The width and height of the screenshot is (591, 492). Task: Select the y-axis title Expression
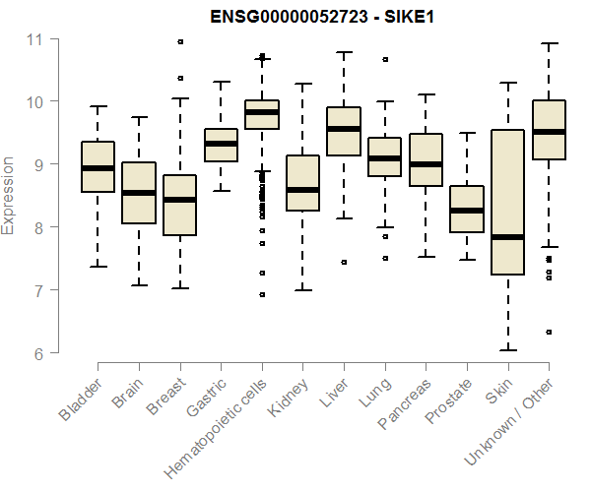9,195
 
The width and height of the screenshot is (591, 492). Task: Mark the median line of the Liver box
344,129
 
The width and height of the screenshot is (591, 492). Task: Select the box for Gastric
221,145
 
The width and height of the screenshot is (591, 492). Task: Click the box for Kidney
302,183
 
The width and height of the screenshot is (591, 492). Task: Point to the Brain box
139,193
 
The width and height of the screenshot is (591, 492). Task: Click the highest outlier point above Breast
180,41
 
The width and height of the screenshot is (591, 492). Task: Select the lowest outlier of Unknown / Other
549,333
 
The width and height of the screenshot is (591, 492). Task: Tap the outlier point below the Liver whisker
344,263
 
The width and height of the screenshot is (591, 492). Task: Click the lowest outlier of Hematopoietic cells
262,294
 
